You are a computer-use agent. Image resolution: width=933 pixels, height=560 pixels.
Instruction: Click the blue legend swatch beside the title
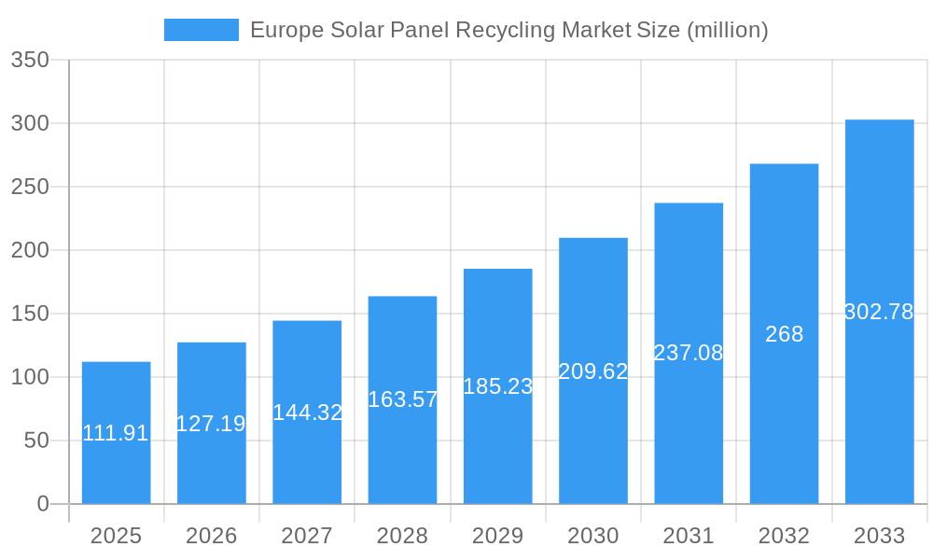click(201, 30)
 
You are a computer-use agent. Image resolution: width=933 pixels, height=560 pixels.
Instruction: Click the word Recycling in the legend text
click(505, 30)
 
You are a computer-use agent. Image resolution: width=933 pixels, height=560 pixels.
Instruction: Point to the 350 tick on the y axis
click(30, 61)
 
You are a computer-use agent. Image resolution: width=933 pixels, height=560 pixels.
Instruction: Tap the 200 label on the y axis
click(30, 250)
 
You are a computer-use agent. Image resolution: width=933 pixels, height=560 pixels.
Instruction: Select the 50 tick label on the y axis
click(35, 441)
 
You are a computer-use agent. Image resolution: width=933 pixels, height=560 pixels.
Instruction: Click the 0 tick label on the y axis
click(43, 504)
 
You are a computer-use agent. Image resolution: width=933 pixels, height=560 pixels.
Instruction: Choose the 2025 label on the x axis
click(116, 536)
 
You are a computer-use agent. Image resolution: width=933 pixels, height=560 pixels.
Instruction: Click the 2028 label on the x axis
click(402, 536)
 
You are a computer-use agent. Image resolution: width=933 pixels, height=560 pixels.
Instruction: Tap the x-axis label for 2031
click(689, 536)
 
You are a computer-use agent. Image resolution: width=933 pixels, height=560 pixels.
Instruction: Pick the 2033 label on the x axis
click(879, 536)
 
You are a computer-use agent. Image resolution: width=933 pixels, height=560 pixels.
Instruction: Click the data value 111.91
click(116, 433)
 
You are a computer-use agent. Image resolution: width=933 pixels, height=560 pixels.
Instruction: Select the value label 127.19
click(211, 424)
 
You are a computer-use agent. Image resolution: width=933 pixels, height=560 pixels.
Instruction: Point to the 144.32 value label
click(307, 413)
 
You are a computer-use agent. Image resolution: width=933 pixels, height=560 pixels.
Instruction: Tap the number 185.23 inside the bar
click(497, 386)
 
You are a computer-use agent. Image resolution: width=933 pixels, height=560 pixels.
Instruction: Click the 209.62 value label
click(593, 371)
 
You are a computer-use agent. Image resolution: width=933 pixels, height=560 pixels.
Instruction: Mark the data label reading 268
click(784, 334)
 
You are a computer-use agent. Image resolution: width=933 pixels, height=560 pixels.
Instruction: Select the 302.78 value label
click(879, 312)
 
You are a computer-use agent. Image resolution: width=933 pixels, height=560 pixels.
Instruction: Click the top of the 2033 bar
click(879, 120)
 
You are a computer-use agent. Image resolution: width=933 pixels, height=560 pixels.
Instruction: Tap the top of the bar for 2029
click(497, 270)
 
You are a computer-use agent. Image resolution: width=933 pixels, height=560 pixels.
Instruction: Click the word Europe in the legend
click(286, 30)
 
